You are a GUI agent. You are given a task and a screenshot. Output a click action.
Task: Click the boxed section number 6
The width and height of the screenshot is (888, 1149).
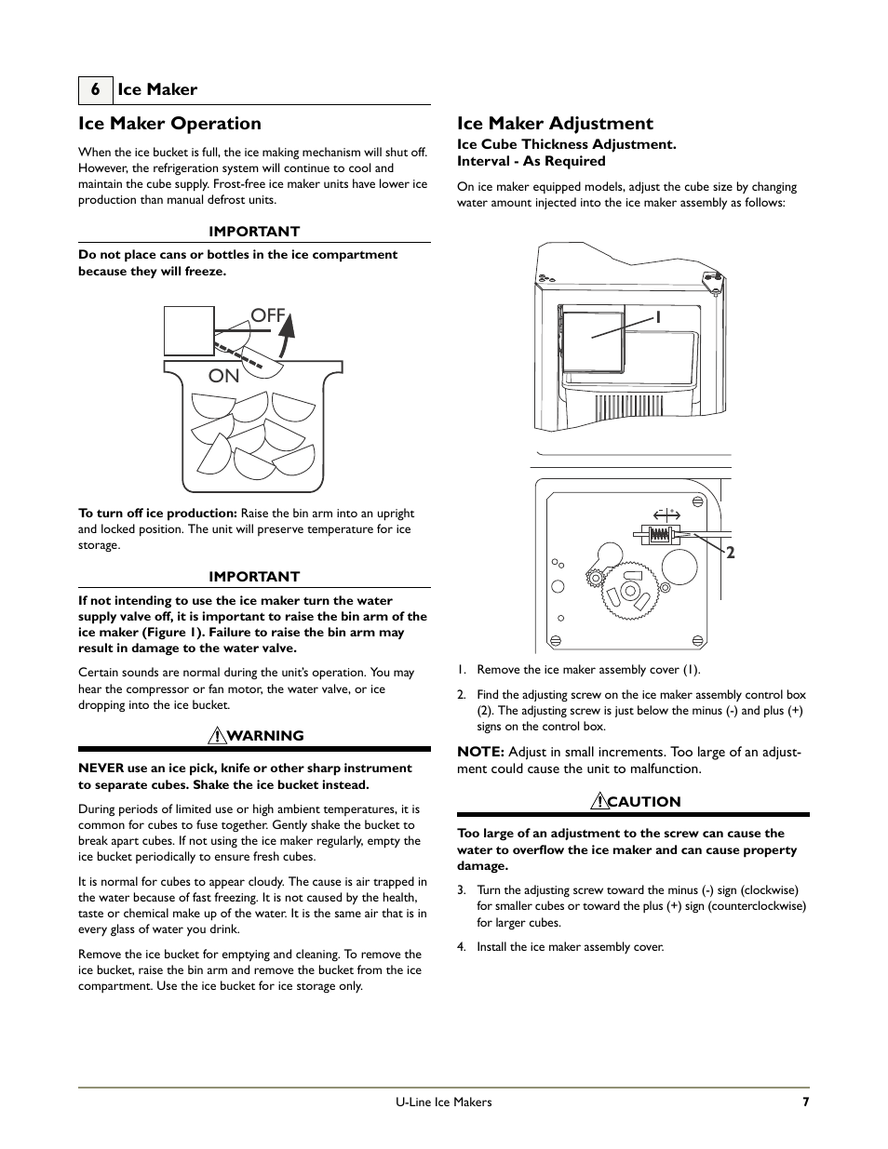95,89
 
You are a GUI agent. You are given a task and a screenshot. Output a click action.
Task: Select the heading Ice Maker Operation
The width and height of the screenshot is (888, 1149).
169,124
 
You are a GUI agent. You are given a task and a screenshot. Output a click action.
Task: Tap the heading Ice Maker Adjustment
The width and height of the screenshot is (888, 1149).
555,124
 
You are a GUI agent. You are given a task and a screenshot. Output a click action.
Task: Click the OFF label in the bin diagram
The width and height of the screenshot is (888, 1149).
267,315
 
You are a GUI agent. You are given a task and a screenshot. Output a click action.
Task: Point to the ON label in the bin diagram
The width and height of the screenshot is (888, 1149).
224,376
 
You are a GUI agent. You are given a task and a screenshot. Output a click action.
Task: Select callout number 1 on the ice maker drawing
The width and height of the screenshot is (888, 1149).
657,317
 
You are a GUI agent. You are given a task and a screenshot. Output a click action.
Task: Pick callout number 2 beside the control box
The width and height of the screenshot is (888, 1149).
731,553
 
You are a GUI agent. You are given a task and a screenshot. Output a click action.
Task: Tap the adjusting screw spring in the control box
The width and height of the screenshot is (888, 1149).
660,535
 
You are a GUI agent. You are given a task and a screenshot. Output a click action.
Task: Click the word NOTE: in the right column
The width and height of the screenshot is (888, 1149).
480,752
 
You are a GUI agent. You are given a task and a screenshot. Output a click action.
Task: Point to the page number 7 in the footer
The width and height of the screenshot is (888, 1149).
805,1102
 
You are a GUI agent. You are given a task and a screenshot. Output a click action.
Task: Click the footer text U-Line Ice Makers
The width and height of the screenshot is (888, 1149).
444,1102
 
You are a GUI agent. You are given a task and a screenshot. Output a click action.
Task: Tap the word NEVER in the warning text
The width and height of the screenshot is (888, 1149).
100,768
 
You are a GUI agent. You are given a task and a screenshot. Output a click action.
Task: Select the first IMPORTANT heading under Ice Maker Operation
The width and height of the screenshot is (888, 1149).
254,232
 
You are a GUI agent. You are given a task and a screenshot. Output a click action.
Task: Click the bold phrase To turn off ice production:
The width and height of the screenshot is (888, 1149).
157,514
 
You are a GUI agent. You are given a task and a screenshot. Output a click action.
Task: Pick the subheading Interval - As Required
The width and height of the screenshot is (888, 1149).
531,161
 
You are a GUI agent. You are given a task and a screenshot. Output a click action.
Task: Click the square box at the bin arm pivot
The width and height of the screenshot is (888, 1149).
189,331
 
